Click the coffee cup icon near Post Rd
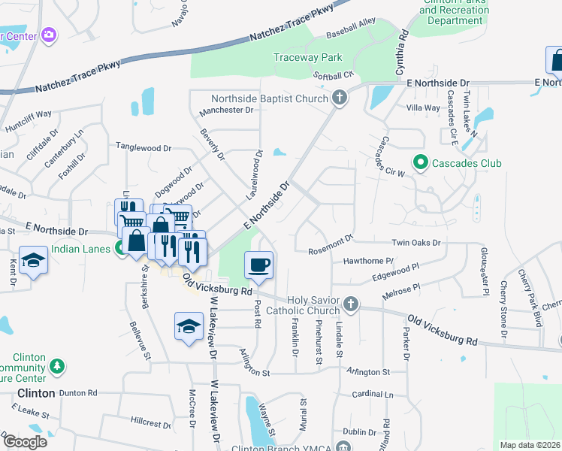pyautogui.click(x=258, y=265)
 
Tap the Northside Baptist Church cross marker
pyautogui.click(x=340, y=98)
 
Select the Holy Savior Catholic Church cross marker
pyautogui.click(x=350, y=304)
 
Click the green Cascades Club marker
pyautogui.click(x=420, y=162)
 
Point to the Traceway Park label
pyautogui.click(x=307, y=57)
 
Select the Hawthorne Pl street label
pyautogui.click(x=368, y=261)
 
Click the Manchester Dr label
pyautogui.click(x=226, y=111)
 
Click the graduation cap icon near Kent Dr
pyautogui.click(x=33, y=260)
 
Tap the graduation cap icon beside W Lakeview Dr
pyautogui.click(x=189, y=325)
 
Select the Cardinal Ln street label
pyautogui.click(x=372, y=394)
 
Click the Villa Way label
pyautogui.click(x=423, y=108)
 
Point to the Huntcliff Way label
pyautogui.click(x=28, y=114)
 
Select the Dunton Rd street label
pyautogui.click(x=78, y=392)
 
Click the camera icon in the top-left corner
pyautogui.click(x=50, y=35)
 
